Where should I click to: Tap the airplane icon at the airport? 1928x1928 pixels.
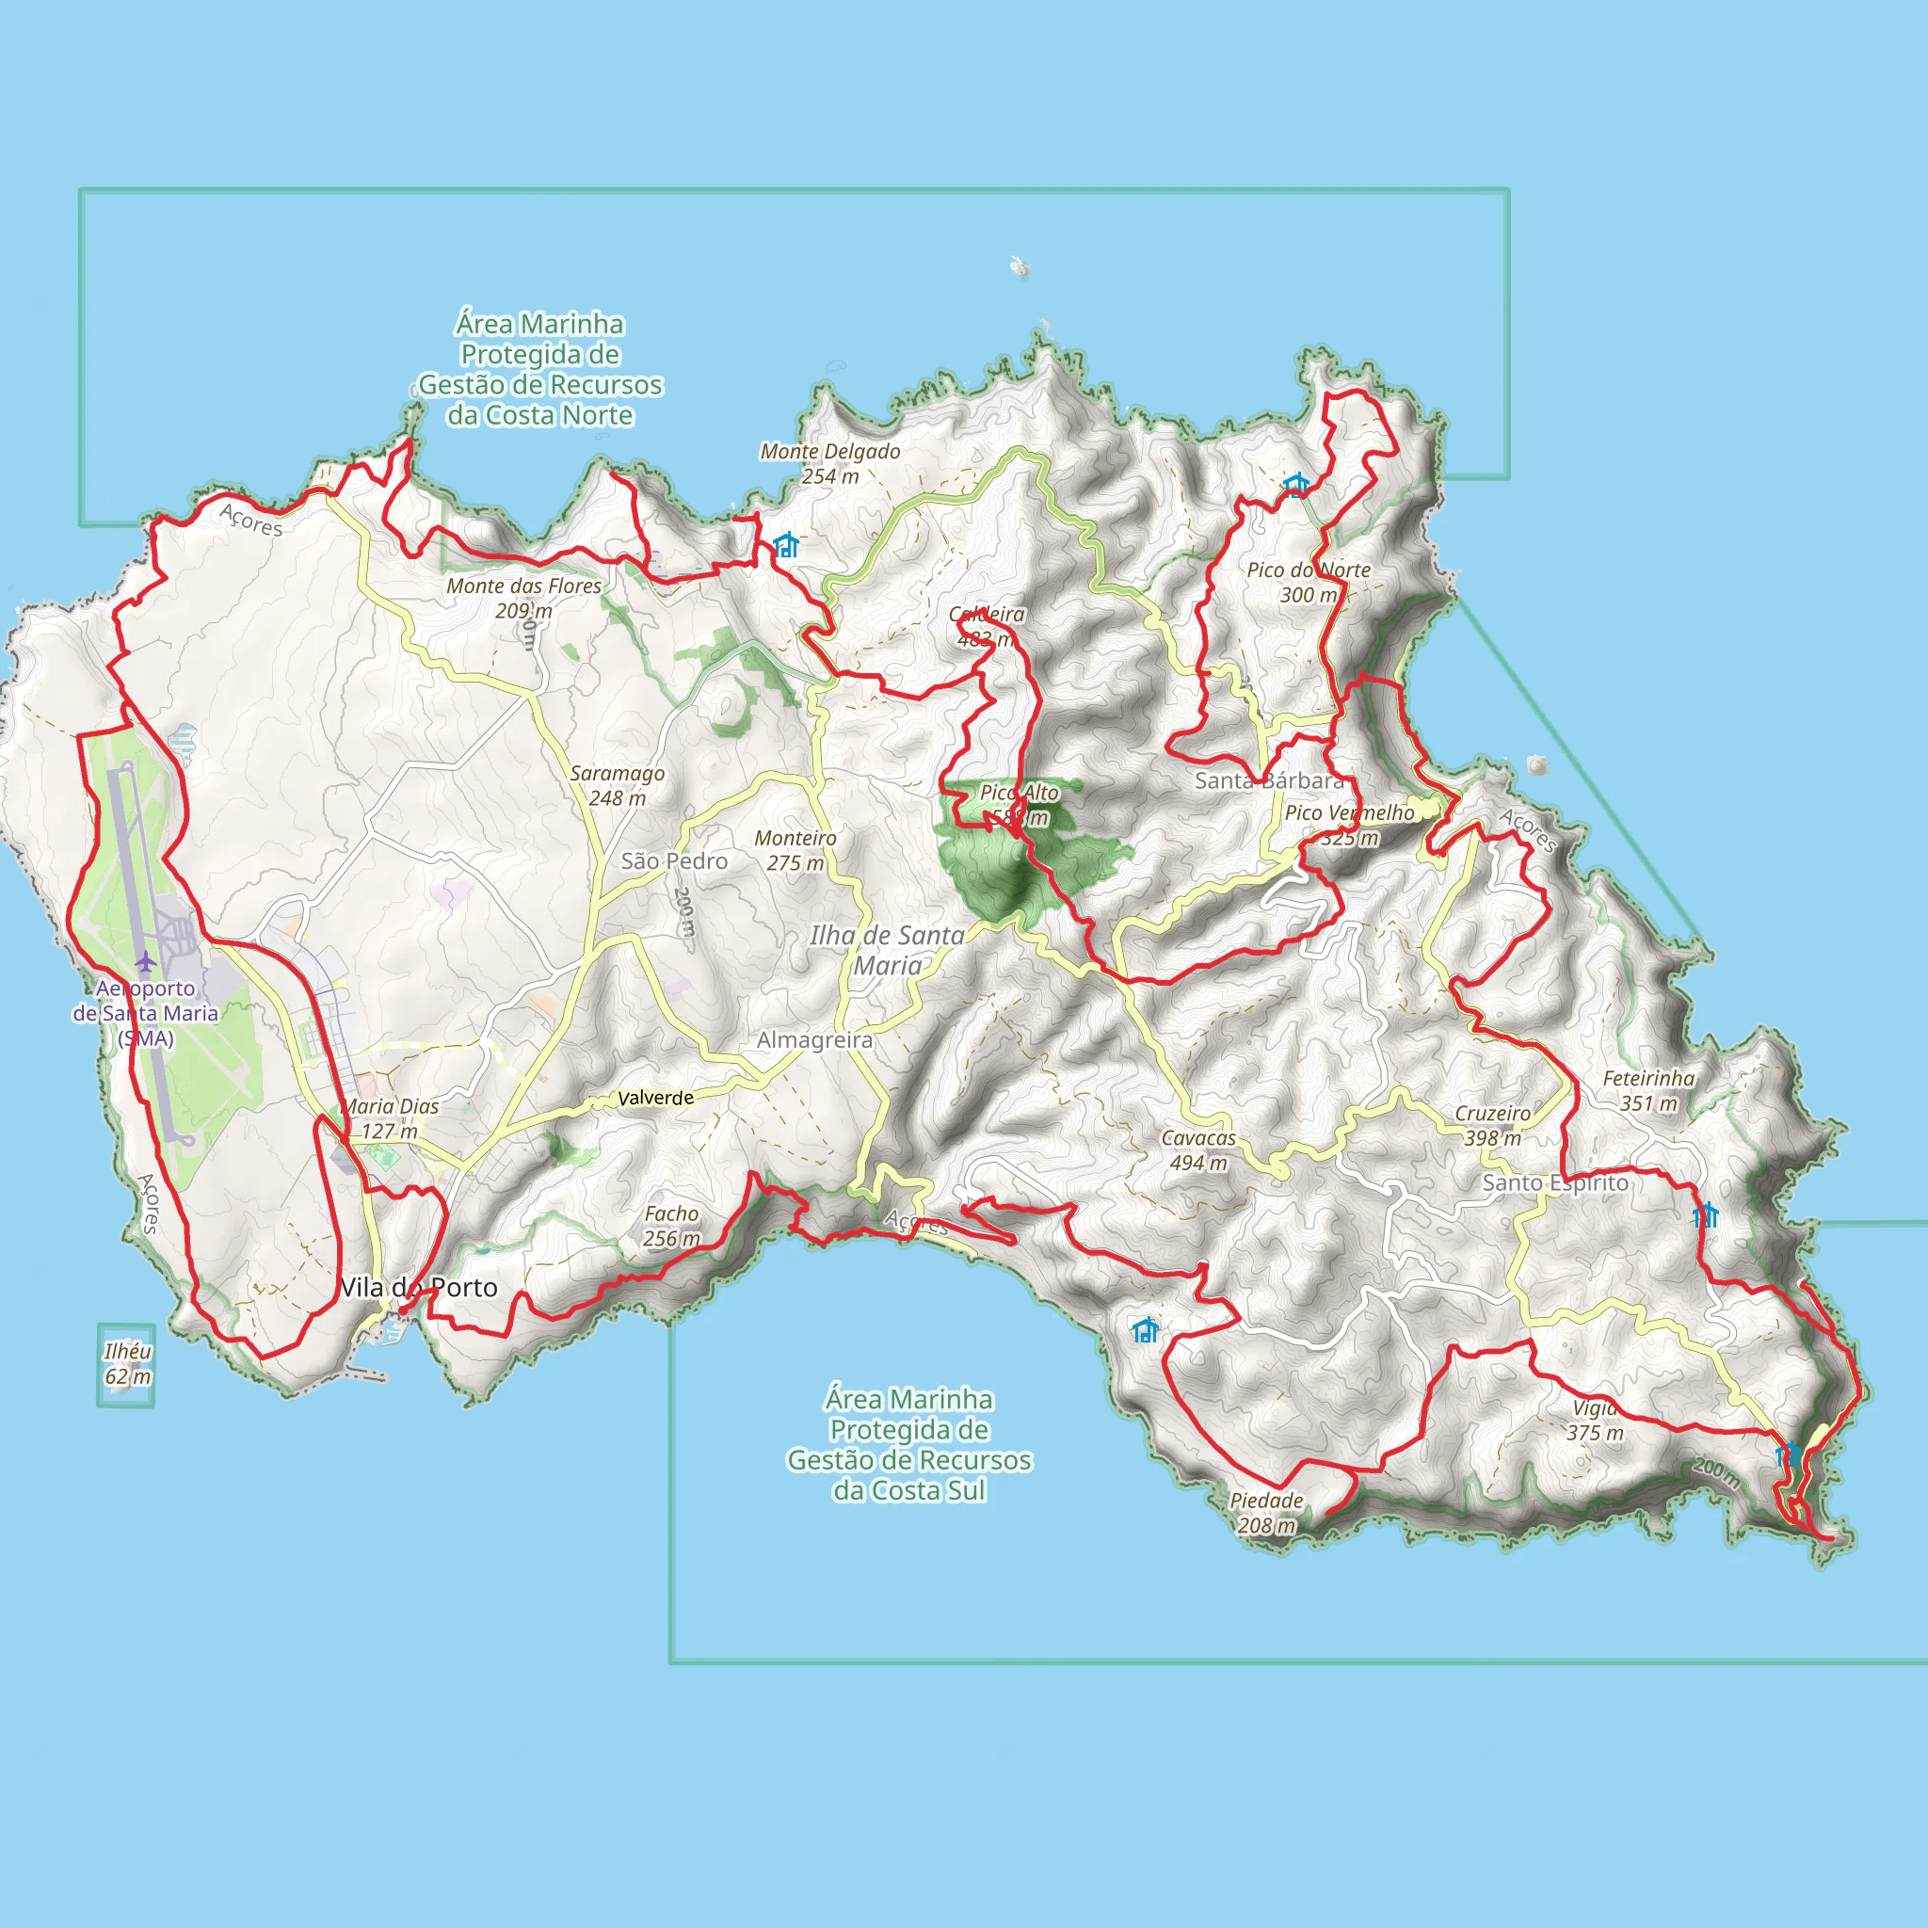(x=147, y=962)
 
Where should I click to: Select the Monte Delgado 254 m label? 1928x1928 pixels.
(x=830, y=463)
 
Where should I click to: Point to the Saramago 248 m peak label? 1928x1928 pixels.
(x=617, y=785)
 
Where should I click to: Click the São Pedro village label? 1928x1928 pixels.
(x=674, y=861)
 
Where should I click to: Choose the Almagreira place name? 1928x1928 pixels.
(x=814, y=1040)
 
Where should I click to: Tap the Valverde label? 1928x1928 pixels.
(x=655, y=1098)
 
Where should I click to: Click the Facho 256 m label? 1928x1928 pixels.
(x=671, y=1226)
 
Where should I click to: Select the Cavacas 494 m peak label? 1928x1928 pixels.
(x=1198, y=1149)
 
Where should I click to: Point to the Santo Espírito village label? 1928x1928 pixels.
(x=1555, y=1182)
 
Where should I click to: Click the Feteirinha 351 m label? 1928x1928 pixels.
(x=1648, y=1090)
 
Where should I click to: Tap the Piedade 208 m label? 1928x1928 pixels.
(x=1266, y=1513)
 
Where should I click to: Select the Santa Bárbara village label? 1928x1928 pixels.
(x=1269, y=780)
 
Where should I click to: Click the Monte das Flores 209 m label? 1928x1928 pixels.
(x=524, y=598)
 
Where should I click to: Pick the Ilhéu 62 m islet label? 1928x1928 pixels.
(x=128, y=1363)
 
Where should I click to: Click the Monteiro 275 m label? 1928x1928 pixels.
(x=795, y=850)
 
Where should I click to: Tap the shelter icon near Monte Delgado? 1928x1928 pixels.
(x=786, y=545)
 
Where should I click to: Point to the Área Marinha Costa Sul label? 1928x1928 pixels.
(x=909, y=1444)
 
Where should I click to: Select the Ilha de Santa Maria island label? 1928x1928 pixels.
(x=887, y=950)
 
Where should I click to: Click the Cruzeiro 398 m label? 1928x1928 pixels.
(x=1493, y=1125)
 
